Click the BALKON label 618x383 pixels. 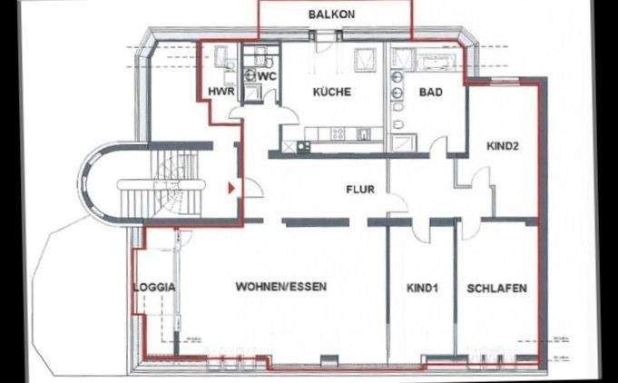[331, 15]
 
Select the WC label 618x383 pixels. [267, 76]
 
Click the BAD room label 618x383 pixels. [430, 92]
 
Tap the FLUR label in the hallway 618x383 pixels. [360, 190]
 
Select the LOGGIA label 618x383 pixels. [153, 287]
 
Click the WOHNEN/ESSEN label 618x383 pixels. [280, 287]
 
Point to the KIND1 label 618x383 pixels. [422, 288]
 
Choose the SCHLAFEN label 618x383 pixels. [496, 288]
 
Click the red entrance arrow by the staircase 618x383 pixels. [231, 188]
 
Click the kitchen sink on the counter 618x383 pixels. [364, 134]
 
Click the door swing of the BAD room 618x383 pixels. [439, 145]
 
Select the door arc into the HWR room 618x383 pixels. [237, 106]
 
